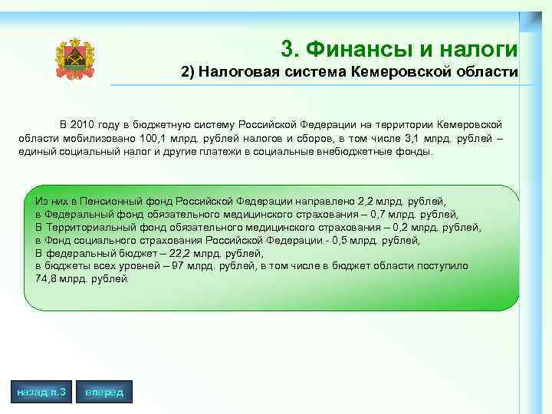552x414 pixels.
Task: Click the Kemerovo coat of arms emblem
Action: pyautogui.click(x=75, y=59)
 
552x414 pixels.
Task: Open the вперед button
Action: pyautogui.click(x=104, y=393)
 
